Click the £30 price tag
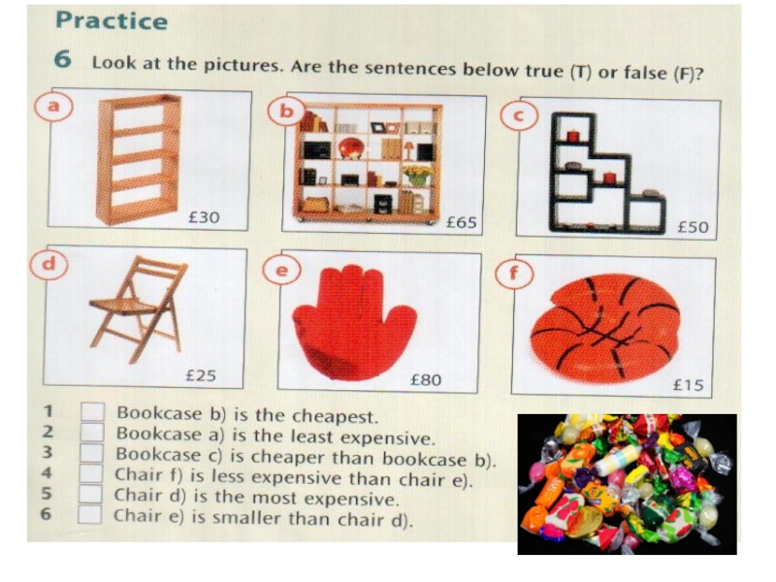coord(204,217)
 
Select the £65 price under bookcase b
coord(462,223)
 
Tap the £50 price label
coord(693,227)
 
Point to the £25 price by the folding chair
coord(201,375)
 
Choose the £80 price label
coord(426,380)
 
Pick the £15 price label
coord(689,385)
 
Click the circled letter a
coord(53,106)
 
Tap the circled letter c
coord(518,115)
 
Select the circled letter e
coord(281,271)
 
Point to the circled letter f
coord(514,274)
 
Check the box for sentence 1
coord(92,411)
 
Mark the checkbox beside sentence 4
coord(90,473)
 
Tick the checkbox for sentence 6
coord(89,514)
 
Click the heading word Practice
coord(112,20)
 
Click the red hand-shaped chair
coord(355,323)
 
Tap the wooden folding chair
coord(140,308)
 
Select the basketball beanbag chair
coord(604,329)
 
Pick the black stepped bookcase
coord(607,174)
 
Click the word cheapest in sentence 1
coord(335,417)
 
